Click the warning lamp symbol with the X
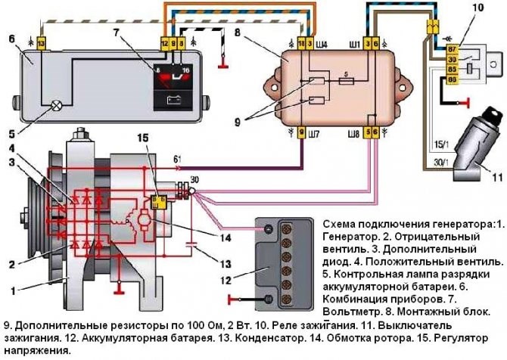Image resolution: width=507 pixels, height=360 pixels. (57, 107)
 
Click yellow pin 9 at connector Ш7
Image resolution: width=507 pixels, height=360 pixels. (302, 133)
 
